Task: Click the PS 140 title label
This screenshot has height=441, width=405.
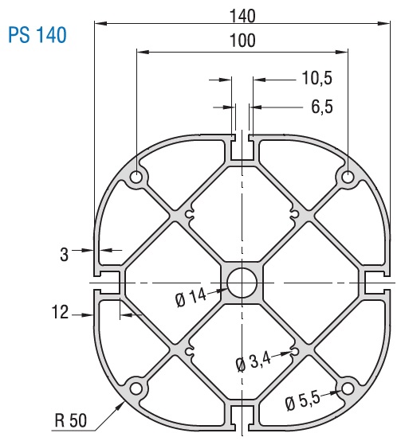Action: (x=36, y=36)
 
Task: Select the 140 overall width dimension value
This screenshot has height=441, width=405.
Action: (x=242, y=14)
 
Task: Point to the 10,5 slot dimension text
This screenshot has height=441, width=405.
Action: (x=316, y=78)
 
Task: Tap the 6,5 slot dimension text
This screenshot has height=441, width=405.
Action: (x=317, y=107)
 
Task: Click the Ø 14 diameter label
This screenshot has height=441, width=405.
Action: (x=191, y=299)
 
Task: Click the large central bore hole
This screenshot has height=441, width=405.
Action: (x=242, y=283)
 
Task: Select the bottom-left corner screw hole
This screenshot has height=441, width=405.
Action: (x=137, y=388)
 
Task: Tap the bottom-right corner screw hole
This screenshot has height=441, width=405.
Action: (x=348, y=388)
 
